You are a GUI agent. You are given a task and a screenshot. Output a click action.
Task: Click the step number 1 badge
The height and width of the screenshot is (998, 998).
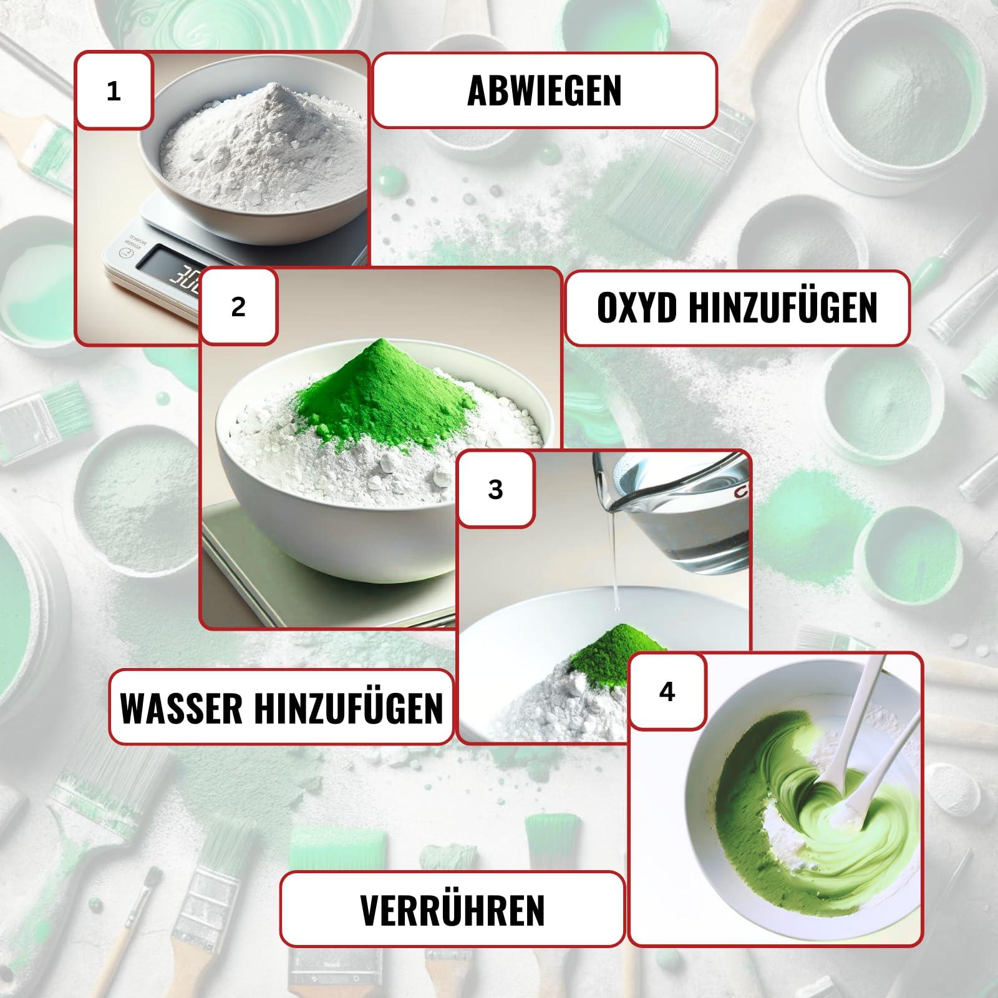point(114,91)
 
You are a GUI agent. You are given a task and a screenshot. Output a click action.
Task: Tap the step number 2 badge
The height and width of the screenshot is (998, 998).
point(238,307)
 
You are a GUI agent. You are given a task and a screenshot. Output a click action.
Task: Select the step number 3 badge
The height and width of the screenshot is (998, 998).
point(496,490)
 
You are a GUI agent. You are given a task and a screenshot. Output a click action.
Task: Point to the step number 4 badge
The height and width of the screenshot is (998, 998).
point(667,692)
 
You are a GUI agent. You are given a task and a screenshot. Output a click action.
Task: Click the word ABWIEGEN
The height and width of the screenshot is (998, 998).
point(545,90)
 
